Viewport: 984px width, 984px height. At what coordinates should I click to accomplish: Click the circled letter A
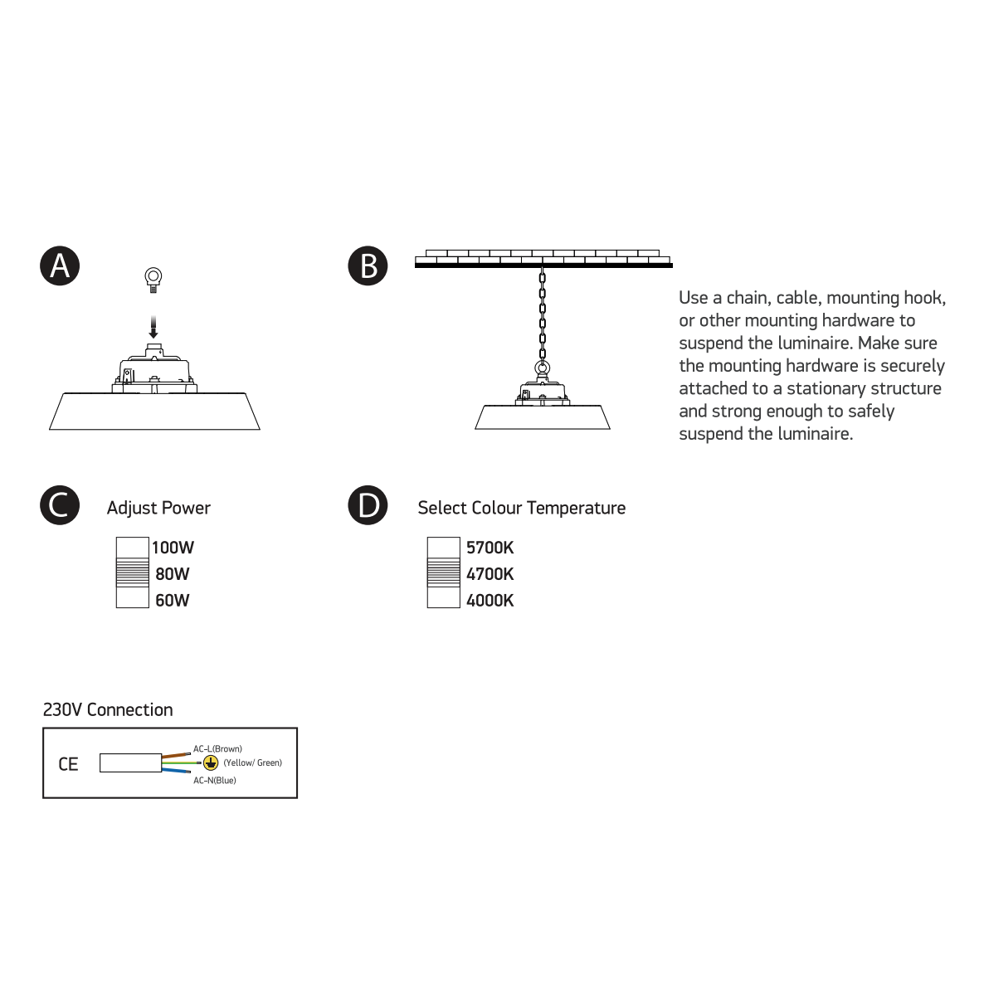60,265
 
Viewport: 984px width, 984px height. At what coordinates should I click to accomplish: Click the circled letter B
368,265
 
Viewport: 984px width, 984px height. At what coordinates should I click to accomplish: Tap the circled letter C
60,506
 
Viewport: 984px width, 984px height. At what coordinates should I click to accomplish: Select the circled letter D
368,506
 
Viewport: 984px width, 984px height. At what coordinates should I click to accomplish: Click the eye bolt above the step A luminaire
153,280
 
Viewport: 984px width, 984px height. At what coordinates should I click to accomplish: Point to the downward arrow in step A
153,327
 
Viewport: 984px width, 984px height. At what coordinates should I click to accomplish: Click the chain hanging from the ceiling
543,311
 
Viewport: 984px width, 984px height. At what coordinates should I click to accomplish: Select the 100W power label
173,548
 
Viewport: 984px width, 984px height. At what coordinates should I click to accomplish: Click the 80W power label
173,574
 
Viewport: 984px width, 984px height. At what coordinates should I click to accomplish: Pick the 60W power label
173,601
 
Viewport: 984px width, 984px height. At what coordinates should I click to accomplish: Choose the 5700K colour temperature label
490,548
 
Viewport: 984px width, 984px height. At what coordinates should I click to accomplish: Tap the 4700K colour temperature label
490,574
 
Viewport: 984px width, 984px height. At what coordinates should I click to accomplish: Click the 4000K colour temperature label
490,601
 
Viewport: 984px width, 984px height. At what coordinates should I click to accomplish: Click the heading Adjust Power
158,508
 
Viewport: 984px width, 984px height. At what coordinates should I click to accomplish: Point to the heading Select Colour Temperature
521,508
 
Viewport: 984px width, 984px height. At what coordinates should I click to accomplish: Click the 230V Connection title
108,709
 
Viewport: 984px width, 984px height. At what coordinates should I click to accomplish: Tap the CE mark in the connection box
68,764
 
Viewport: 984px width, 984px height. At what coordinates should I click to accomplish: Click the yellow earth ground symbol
211,763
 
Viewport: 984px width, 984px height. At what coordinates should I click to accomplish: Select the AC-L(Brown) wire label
217,749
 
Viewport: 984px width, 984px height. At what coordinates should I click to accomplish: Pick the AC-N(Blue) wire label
215,781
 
